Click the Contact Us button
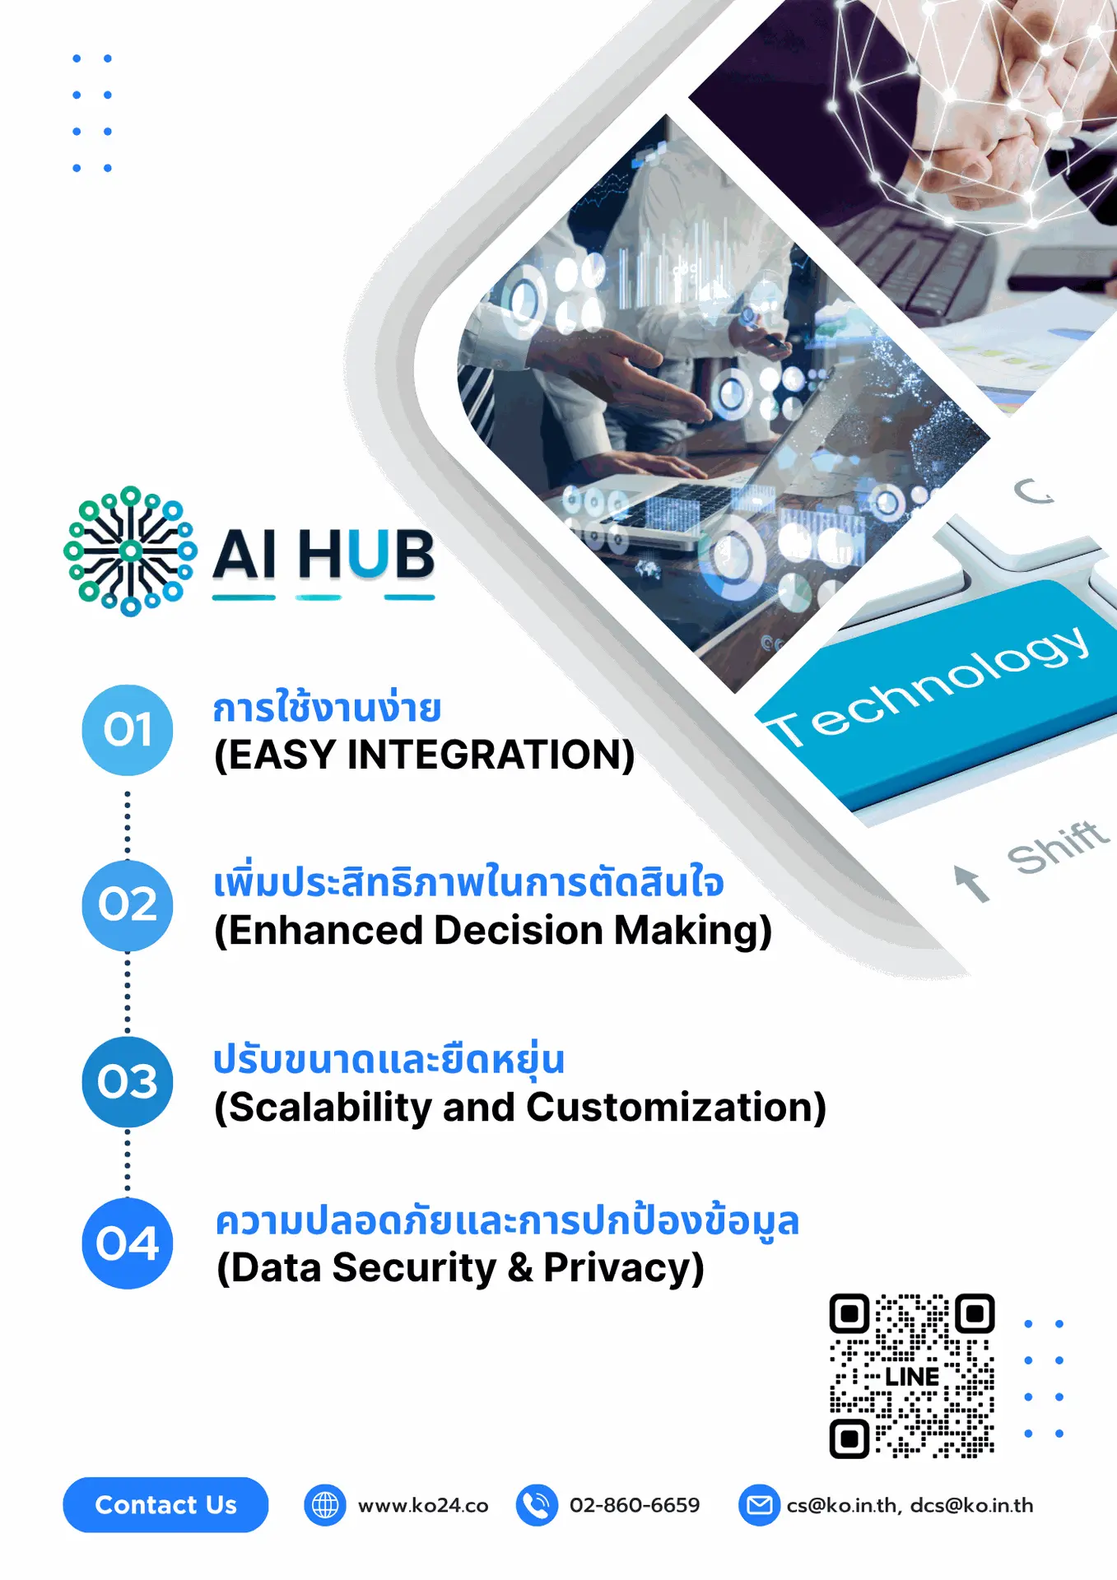[x=165, y=1504]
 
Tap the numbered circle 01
[x=128, y=730]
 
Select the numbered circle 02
[x=128, y=905]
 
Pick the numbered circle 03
[x=128, y=1081]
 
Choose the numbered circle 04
[x=128, y=1243]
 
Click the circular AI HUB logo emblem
[x=130, y=551]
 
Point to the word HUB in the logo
[x=365, y=555]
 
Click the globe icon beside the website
[x=325, y=1505]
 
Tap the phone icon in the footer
[x=537, y=1505]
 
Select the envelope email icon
[x=759, y=1505]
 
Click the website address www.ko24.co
[x=423, y=1506]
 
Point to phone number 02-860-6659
[x=635, y=1505]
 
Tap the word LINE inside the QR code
[x=912, y=1377]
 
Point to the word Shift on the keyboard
[x=1058, y=848]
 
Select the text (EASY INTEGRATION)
[x=424, y=755]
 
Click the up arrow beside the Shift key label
[x=971, y=884]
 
